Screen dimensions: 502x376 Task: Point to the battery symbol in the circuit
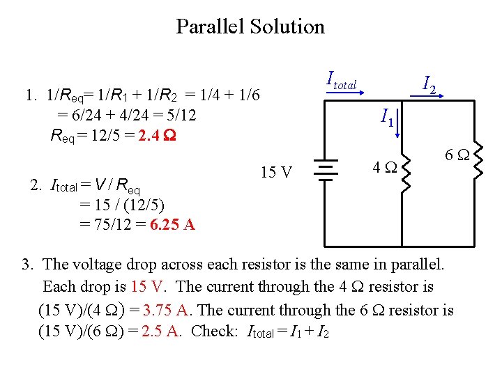tap(324, 169)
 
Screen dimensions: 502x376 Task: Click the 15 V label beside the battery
tap(277, 172)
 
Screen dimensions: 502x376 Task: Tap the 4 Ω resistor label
tap(384, 168)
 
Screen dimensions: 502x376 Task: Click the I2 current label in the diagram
tap(429, 86)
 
